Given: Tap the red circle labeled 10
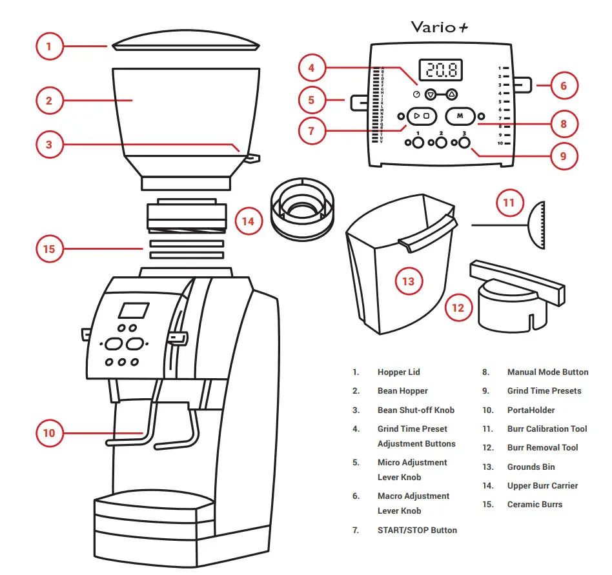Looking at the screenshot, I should [x=50, y=433].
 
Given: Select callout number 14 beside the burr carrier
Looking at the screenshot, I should [x=248, y=221].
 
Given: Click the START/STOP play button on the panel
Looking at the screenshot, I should [x=422, y=116].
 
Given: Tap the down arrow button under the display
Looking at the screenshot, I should [x=431, y=94].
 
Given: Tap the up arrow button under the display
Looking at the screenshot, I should [x=451, y=94].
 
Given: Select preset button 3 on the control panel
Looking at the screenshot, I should [x=464, y=143].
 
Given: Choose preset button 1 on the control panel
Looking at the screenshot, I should [x=418, y=143].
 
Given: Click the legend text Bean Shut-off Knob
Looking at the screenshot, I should [x=416, y=410].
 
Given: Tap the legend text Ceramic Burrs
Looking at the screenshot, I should [x=535, y=504].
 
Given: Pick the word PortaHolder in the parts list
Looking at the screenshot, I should [x=531, y=410].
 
